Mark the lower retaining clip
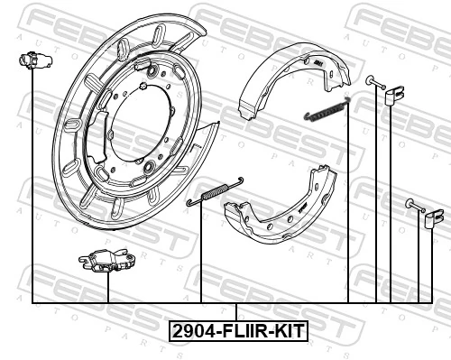click(x=435, y=217)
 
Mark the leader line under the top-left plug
click(x=32, y=180)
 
